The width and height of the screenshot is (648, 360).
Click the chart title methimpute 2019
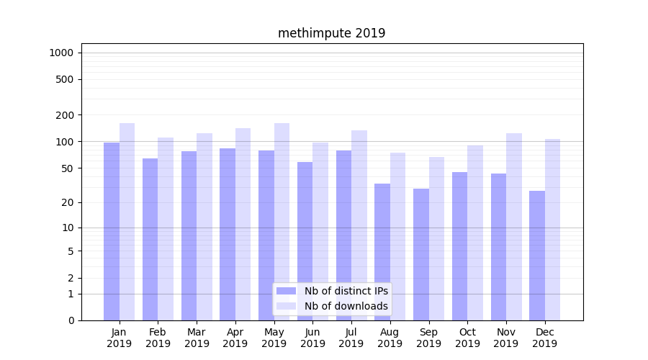pos(331,33)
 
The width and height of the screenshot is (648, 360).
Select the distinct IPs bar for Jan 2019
pos(112,230)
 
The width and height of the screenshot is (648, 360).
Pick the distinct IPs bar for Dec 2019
pos(537,256)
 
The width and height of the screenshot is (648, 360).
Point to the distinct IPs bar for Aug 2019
pos(382,252)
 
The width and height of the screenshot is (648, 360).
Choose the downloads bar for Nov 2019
pos(514,227)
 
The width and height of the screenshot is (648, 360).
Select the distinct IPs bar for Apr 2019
pos(228,234)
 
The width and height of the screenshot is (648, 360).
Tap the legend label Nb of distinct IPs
pos(346,291)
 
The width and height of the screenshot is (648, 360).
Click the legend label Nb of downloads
pos(346,306)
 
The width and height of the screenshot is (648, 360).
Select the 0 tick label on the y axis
pos(71,320)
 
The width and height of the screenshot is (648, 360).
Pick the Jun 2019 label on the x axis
pos(312,338)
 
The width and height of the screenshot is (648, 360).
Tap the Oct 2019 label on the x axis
pos(467,338)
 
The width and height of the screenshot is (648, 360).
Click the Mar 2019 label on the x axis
pos(197,338)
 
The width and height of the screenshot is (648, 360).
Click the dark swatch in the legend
pos(287,291)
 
